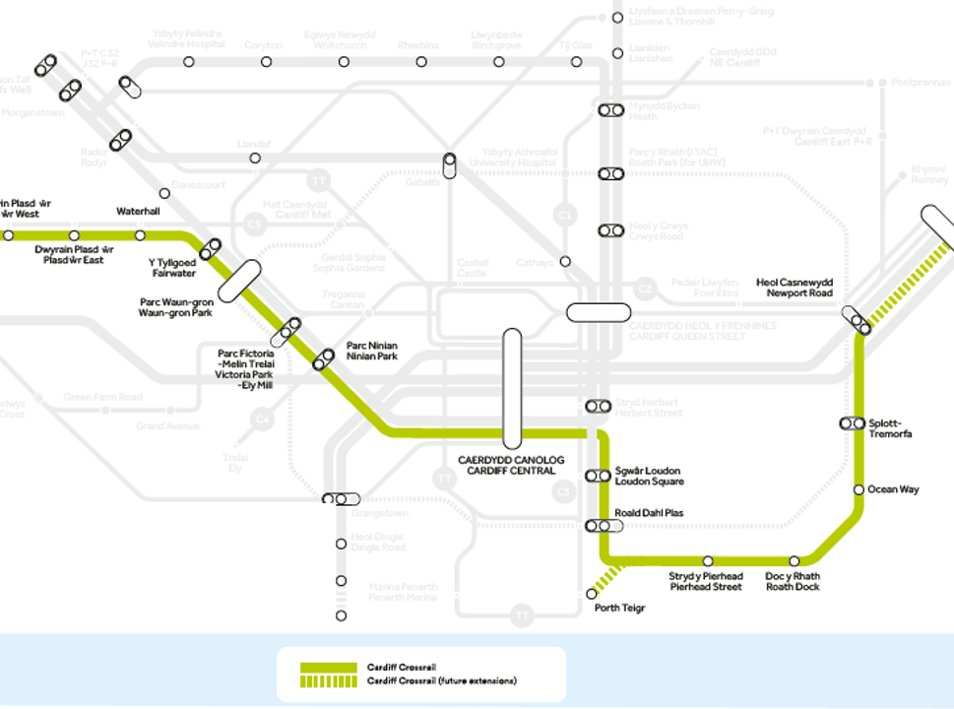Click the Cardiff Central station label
[x=507, y=465]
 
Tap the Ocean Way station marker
[x=859, y=489]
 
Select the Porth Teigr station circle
[x=592, y=594]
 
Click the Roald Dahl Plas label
[x=649, y=513]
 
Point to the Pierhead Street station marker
[x=708, y=560]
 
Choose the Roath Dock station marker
[x=795, y=560]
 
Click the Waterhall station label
[x=138, y=212]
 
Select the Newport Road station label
[x=795, y=288]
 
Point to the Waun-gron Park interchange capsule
[x=238, y=281]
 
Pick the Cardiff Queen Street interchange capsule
[x=599, y=312]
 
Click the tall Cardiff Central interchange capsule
[x=511, y=387]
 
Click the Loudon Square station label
[x=648, y=476]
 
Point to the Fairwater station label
[x=172, y=268]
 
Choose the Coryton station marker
[x=266, y=62]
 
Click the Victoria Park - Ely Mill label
[x=245, y=369]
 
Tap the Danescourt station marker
[x=164, y=193]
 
